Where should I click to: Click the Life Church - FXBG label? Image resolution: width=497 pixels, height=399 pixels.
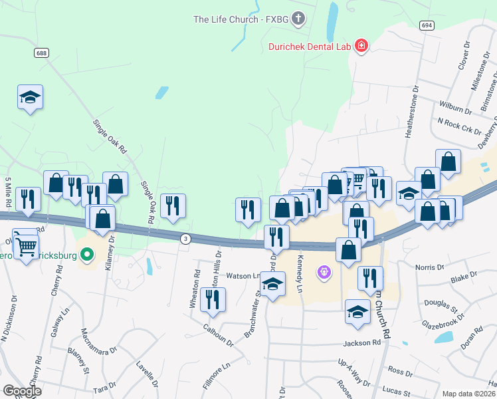click(241, 19)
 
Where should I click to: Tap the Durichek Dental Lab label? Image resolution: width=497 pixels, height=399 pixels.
click(310, 46)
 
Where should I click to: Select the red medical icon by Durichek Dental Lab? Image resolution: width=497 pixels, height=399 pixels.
click(361, 45)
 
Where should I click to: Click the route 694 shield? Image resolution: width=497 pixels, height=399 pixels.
click(427, 25)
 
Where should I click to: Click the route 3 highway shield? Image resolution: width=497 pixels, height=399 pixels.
click(185, 239)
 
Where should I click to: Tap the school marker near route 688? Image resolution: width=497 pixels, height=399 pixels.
click(31, 98)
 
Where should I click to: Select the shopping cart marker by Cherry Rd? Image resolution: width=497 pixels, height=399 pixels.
click(26, 246)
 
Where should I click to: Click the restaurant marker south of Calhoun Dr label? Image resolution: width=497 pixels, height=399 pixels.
click(213, 300)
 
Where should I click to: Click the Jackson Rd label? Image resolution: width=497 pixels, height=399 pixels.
click(361, 343)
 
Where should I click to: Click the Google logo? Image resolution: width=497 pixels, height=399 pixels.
click(22, 391)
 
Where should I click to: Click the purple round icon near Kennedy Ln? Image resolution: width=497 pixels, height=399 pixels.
click(324, 271)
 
